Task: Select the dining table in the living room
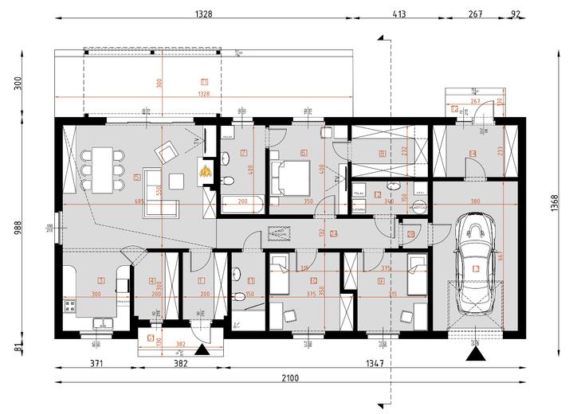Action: tap(101, 170)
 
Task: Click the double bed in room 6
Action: tap(286, 177)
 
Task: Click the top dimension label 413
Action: tap(396, 14)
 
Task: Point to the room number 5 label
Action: tap(138, 177)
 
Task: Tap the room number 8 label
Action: tap(383, 154)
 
